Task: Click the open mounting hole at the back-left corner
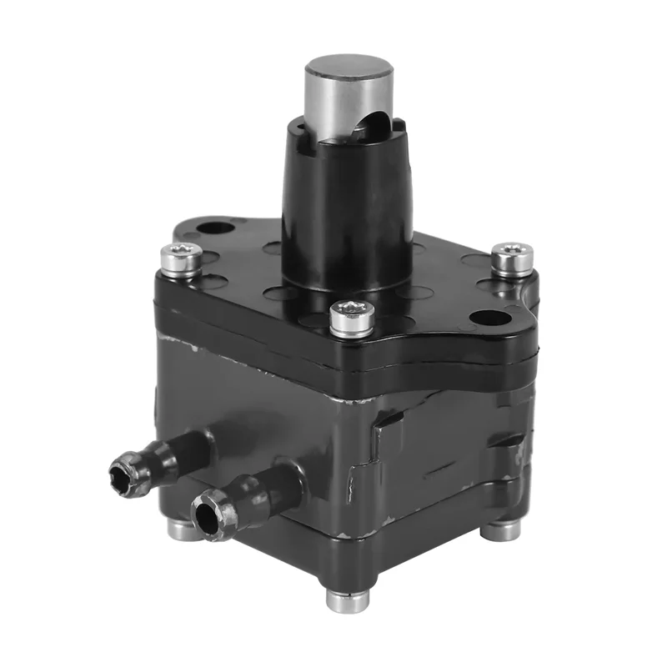[x=216, y=227]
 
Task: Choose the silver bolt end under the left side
[x=182, y=530]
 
